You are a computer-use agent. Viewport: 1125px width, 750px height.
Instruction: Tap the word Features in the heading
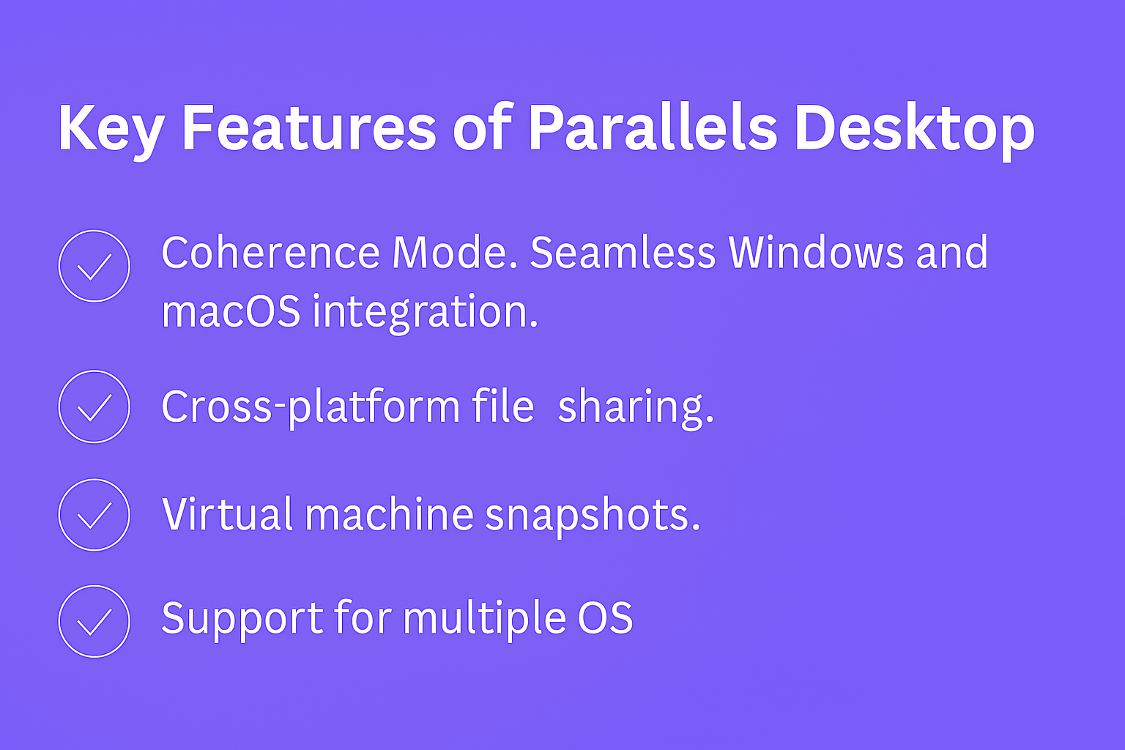tap(309, 127)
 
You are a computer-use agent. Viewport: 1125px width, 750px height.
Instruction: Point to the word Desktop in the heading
tap(914, 131)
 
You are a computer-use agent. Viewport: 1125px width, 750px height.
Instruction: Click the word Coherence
tap(271, 252)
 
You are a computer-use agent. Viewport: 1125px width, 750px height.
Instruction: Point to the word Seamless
tap(623, 252)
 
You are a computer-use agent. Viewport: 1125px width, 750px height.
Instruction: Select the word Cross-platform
tap(311, 407)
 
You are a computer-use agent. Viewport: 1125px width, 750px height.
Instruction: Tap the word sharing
tap(636, 408)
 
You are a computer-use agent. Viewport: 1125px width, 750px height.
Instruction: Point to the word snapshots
tap(593, 516)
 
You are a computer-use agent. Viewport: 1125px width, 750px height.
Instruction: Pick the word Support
tap(242, 620)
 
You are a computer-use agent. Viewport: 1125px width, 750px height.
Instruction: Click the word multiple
tap(484, 620)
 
